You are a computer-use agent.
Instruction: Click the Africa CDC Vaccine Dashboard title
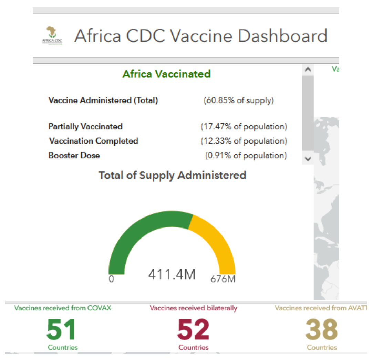[x=200, y=36]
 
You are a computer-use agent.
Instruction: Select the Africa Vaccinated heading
[x=167, y=74]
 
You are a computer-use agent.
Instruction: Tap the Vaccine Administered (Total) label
[x=103, y=100]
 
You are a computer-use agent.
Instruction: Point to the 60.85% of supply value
[x=239, y=100]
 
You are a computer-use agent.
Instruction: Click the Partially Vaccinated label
[x=85, y=127]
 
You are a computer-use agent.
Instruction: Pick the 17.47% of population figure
[x=244, y=127]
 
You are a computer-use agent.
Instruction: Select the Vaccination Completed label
[x=93, y=141]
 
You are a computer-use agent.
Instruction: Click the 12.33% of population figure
[x=244, y=141]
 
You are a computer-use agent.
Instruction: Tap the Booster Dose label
[x=74, y=156]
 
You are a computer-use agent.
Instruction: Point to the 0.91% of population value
[x=246, y=156]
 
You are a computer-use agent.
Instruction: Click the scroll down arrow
[x=308, y=159]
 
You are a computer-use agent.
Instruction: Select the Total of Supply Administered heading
[x=172, y=175]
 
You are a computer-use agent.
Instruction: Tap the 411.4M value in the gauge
[x=172, y=275]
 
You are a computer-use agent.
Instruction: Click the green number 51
[x=61, y=330]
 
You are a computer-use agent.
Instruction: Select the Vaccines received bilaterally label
[x=194, y=308]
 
